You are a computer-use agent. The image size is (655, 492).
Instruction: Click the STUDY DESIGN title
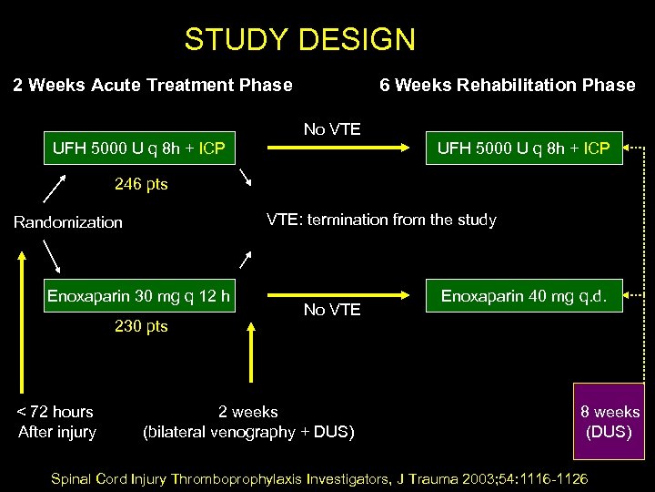(x=299, y=40)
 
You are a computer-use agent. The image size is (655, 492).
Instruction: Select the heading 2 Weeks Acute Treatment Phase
(x=153, y=86)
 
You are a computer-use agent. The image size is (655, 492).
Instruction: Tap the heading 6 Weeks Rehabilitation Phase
(x=507, y=86)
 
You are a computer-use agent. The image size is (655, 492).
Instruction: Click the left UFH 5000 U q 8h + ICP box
(x=139, y=147)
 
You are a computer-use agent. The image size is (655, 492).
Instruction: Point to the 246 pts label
(x=141, y=185)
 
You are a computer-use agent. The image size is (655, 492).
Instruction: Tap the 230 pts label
(x=141, y=326)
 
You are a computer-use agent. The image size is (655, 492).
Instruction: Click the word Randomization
(x=68, y=222)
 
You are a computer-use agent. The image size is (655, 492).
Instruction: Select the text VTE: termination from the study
(x=381, y=220)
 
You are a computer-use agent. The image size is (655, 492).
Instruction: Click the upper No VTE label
(x=332, y=129)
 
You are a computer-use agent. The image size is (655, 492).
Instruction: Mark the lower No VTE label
(x=332, y=310)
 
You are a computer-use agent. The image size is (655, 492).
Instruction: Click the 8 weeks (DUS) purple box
(x=610, y=422)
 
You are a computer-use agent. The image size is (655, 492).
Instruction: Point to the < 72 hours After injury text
(x=57, y=422)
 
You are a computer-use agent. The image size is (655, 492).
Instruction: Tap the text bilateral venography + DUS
(x=248, y=432)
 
